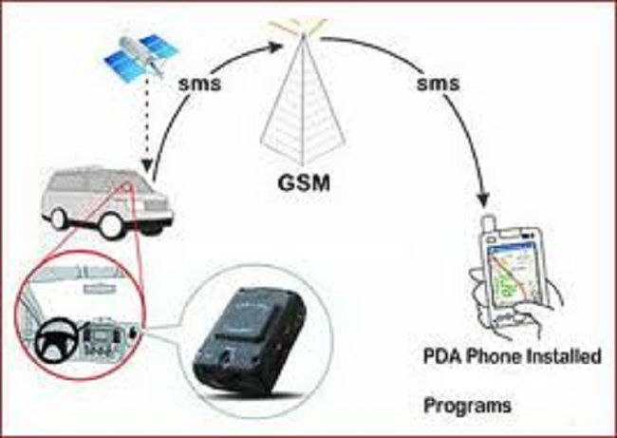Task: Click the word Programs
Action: (467, 405)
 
